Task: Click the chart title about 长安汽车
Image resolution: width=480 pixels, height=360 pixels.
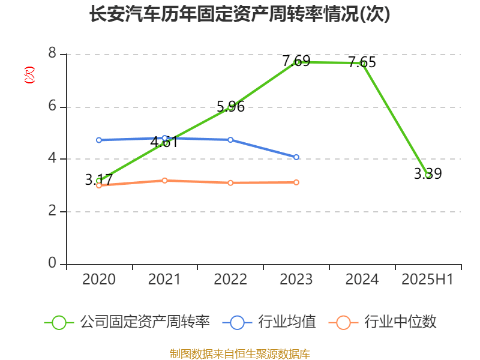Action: coord(239,14)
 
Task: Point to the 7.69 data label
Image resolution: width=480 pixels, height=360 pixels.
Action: coord(296,61)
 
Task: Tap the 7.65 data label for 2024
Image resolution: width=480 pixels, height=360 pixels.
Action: coord(362,62)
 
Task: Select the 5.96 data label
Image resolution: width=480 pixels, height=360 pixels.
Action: coord(230,107)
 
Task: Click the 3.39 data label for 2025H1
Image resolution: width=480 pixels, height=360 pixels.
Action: coord(428,174)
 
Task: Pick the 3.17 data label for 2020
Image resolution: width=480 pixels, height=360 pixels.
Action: coord(99,179)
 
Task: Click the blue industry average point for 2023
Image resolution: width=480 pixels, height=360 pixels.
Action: coord(296,157)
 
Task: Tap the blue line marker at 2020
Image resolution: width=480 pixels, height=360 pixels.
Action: coord(99,140)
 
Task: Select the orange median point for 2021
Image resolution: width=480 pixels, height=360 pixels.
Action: coord(165,180)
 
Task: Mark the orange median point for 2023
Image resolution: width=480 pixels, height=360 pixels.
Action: coord(296,182)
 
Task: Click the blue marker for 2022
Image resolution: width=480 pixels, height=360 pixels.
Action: coord(230,139)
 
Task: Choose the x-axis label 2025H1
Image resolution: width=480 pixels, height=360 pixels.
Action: coord(428,280)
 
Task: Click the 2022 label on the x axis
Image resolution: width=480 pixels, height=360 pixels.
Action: coord(230,280)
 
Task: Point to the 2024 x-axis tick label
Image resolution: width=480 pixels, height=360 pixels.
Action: coord(362,280)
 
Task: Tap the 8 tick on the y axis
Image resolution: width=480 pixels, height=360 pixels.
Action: coord(52,54)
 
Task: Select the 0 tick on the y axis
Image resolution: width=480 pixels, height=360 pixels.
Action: coord(52,264)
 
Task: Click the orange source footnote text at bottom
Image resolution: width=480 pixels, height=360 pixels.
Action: coord(239,353)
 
